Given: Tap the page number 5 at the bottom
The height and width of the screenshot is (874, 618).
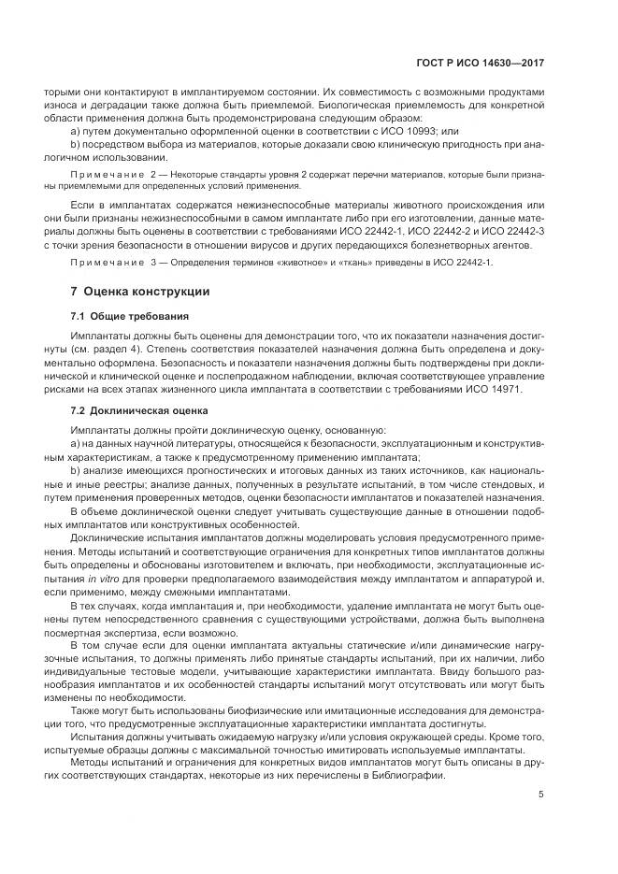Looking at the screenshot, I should tap(541, 822).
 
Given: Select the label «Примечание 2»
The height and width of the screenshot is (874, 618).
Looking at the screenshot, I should tap(105, 175).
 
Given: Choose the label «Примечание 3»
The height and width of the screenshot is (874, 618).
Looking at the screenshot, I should tap(105, 264).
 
